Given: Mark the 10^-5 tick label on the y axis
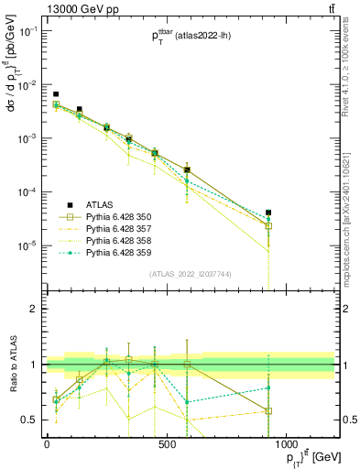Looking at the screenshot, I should point(24,245).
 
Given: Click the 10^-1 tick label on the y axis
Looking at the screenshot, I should point(24,31).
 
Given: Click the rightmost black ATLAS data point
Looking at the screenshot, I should point(267,213).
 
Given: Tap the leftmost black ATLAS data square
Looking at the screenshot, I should point(56,94).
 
